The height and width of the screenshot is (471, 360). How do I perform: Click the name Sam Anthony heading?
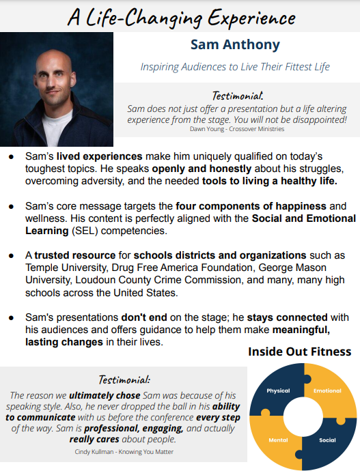[x=235, y=46]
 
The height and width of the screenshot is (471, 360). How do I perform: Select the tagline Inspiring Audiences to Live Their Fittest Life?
[x=235, y=67]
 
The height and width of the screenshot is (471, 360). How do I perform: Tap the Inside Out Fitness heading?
[x=299, y=352]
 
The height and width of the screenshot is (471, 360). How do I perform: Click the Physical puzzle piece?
[x=278, y=391]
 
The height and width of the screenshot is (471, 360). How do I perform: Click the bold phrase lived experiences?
[x=100, y=156]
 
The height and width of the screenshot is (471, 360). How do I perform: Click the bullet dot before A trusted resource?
[x=11, y=255]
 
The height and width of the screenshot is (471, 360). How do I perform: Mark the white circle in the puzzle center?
[x=301, y=416]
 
